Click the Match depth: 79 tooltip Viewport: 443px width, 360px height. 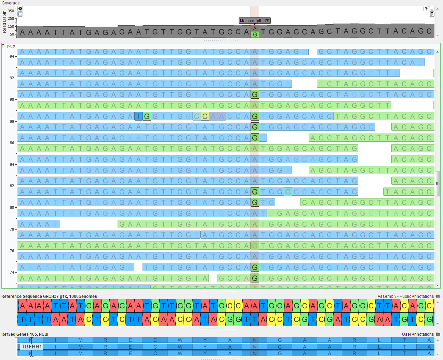tap(254, 21)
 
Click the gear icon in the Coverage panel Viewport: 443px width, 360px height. tap(20, 9)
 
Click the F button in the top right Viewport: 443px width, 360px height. tap(432, 14)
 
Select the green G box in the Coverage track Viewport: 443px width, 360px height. tap(255, 34)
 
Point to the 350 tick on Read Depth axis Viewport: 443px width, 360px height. tap(12, 11)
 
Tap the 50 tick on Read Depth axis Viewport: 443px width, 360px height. tap(12, 34)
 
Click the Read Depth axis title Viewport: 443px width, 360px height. tap(4, 22)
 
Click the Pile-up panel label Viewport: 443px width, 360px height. tap(8, 46)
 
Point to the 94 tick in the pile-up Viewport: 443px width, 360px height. tap(12, 56)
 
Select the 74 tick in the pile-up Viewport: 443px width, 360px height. tap(12, 272)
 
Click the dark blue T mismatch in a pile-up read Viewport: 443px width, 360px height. tap(138, 116)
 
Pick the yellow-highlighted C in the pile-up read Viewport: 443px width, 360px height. tap(205, 116)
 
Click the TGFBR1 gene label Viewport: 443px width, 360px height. tap(31, 347)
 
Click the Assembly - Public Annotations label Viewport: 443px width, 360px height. tap(405, 296)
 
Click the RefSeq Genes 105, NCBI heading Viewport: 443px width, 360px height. tap(25, 334)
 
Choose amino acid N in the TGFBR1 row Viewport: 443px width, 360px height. tap(255, 347)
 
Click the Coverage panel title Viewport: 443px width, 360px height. tap(11, 3)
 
